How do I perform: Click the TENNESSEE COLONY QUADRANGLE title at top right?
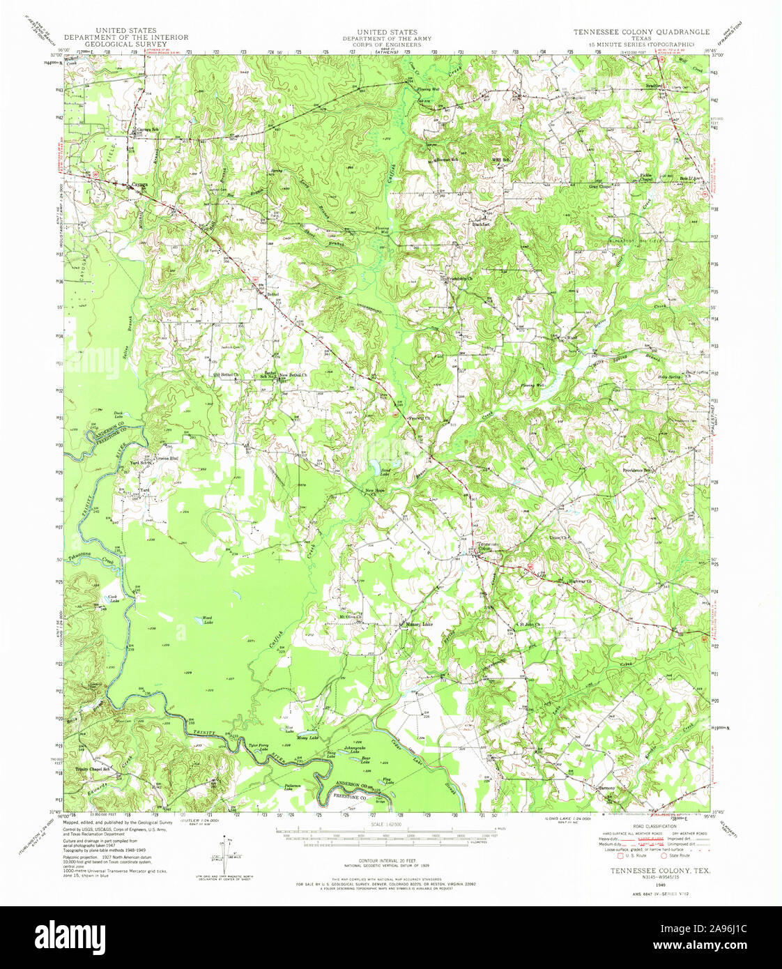pos(641,32)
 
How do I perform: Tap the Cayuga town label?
pos(141,185)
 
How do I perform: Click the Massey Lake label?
pos(420,624)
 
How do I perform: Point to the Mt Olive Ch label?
pos(353,616)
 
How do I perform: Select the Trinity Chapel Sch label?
pos(93,769)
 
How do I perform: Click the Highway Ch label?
pos(580,581)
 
